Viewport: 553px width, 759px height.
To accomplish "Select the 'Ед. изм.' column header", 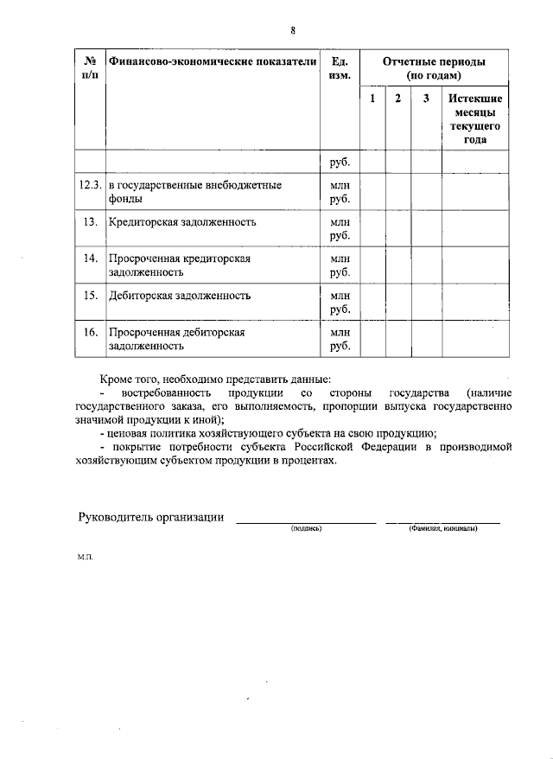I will coord(340,69).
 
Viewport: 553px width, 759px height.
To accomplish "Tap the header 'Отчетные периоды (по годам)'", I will coord(434,68).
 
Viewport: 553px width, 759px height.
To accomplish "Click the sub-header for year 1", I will coord(372,99).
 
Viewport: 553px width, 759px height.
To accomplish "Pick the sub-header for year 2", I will coord(398,99).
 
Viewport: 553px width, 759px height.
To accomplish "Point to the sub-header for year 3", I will coord(426,99).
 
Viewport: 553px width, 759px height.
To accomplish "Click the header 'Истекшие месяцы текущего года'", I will coord(475,118).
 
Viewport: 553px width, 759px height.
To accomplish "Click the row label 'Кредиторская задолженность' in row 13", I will coord(182,222).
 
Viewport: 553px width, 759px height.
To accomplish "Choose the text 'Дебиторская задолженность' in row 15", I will coord(180,296).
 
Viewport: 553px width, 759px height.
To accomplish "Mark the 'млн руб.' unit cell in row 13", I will coord(340,228).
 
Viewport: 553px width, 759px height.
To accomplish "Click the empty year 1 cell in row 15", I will coord(372,302).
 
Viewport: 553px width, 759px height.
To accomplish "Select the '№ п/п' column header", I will coord(90,69).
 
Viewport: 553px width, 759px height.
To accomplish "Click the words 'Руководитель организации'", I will coord(151,517).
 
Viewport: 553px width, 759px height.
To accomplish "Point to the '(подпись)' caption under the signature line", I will coord(306,527).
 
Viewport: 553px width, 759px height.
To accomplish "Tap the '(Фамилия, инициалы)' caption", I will coord(443,527).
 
